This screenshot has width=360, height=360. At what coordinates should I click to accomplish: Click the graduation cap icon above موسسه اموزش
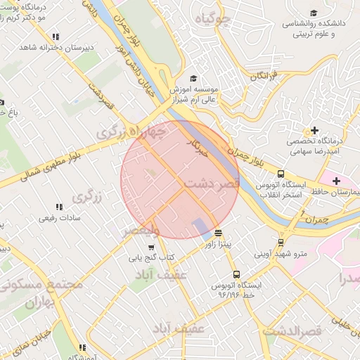click(194, 78)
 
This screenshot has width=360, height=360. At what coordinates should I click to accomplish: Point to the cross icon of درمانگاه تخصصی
click(315, 130)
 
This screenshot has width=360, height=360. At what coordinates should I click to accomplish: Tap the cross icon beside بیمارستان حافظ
click(337, 181)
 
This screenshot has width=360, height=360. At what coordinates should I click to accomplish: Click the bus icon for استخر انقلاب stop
click(281, 174)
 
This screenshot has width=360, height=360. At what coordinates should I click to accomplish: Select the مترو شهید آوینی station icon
click(281, 243)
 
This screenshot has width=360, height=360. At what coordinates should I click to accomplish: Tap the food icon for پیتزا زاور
click(219, 232)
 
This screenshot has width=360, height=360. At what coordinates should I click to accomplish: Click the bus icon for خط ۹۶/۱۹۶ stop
click(236, 275)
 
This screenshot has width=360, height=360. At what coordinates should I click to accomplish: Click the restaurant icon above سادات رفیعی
click(60, 207)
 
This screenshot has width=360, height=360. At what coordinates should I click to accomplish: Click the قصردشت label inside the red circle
click(213, 184)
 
